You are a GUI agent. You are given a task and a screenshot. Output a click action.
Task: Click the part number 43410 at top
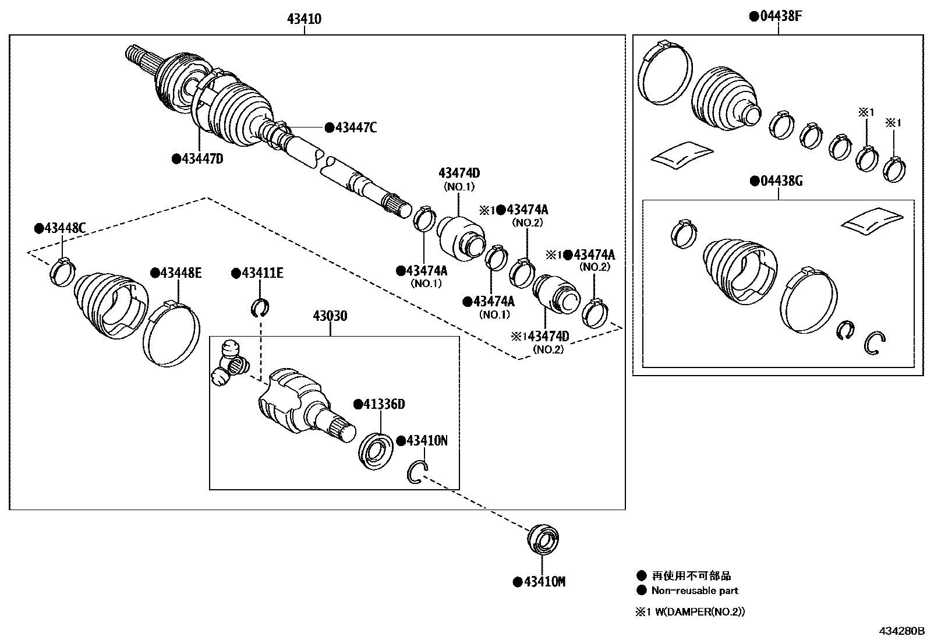304,19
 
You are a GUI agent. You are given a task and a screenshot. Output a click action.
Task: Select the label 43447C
355,128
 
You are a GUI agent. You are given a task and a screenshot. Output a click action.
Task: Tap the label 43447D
201,158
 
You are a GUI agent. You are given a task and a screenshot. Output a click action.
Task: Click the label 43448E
180,273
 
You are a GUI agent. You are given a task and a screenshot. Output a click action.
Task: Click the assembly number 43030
330,316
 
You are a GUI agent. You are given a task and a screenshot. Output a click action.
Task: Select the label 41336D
383,404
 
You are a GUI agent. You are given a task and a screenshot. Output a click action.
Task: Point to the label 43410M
544,581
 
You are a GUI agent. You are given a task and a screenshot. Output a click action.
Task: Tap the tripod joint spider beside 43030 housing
229,364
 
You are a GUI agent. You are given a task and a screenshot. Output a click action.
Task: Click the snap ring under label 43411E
261,307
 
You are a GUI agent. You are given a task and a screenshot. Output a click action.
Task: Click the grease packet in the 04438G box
872,222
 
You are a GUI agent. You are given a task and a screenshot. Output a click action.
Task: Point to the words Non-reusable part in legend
694,591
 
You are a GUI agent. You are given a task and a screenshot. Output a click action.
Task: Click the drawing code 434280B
901,630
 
